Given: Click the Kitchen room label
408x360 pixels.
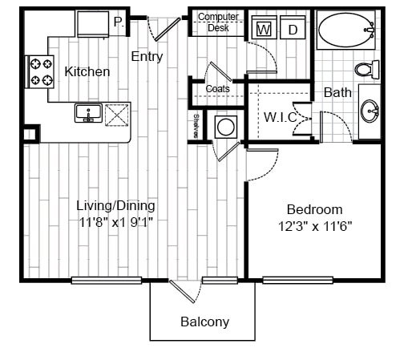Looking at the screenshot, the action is point(87,71).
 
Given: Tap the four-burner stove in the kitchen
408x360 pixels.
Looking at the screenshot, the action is point(39,72).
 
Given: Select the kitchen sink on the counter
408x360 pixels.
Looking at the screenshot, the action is point(88,113).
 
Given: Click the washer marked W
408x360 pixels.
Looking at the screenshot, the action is point(264,27).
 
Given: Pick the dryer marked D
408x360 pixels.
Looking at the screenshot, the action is point(293,27).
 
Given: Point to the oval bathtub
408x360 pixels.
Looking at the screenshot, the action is point(346,30).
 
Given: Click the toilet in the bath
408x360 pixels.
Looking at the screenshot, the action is point(367,70).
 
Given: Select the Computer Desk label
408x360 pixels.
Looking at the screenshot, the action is point(218,22).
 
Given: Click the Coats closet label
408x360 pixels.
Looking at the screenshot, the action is point(217,89).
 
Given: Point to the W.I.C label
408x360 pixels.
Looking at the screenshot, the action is point(281,117).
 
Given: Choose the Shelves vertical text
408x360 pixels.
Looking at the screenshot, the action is point(196,126).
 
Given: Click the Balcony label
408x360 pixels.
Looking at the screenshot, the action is point(204,322).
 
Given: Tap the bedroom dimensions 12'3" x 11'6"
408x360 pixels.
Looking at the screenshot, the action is point(315,227).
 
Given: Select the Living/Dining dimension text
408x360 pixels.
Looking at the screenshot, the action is point(116,222).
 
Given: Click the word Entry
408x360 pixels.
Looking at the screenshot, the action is point(147,56).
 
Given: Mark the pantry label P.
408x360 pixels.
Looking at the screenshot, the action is point(119,22).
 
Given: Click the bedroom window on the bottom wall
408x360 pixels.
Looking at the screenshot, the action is point(297,280).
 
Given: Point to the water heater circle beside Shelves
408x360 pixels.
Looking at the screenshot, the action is point(226,127).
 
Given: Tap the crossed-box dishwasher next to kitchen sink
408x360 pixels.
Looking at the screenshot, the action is point(117,115).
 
